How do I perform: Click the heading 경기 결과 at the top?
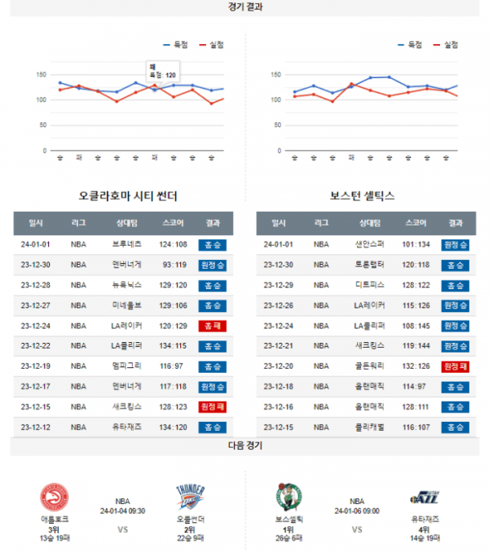point(244,7)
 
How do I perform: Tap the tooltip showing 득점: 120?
point(162,71)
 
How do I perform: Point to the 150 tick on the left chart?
point(42,74)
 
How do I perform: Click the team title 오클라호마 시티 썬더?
point(128,196)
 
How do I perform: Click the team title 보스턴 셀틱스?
point(363,196)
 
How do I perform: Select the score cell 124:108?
point(174,244)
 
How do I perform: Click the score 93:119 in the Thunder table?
point(174,265)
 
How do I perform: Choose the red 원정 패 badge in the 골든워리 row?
point(455,366)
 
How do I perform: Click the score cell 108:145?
point(416,326)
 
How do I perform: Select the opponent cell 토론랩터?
point(368,265)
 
